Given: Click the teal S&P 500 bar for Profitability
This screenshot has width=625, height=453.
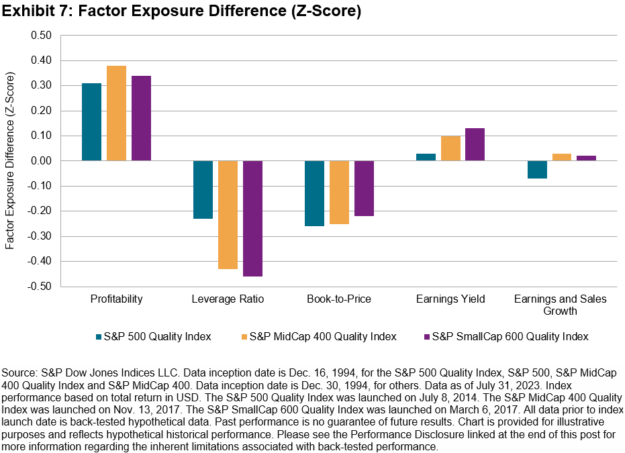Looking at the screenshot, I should pyautogui.click(x=91, y=122).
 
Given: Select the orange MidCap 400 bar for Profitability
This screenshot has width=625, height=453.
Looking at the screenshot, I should pyautogui.click(x=116, y=113).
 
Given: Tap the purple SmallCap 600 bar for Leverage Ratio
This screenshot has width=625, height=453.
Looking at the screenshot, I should pyautogui.click(x=252, y=218).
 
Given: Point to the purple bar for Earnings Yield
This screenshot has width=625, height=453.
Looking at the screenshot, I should pyautogui.click(x=475, y=144).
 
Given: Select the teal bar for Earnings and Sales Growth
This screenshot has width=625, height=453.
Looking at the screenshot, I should pyautogui.click(x=536, y=170).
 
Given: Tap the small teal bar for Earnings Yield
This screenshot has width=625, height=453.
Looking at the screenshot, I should pyautogui.click(x=426, y=157).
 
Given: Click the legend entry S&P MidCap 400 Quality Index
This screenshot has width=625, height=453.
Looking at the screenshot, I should pyautogui.click(x=322, y=336).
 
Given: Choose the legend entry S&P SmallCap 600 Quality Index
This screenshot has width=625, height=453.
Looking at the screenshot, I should pyautogui.click(x=510, y=336).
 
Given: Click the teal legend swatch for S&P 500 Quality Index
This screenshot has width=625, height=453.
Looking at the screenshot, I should pyautogui.click(x=99, y=336).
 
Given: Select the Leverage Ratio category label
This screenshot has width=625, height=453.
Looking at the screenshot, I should pyautogui.click(x=228, y=299).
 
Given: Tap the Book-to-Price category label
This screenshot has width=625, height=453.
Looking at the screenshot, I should pyautogui.click(x=338, y=299).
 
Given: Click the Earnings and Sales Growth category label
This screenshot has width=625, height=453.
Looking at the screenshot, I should pyautogui.click(x=561, y=305).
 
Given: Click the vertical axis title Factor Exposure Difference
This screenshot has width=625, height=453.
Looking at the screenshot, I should pyautogui.click(x=11, y=161).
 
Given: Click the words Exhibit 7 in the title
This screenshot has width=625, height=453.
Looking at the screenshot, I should pyautogui.click(x=36, y=12).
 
